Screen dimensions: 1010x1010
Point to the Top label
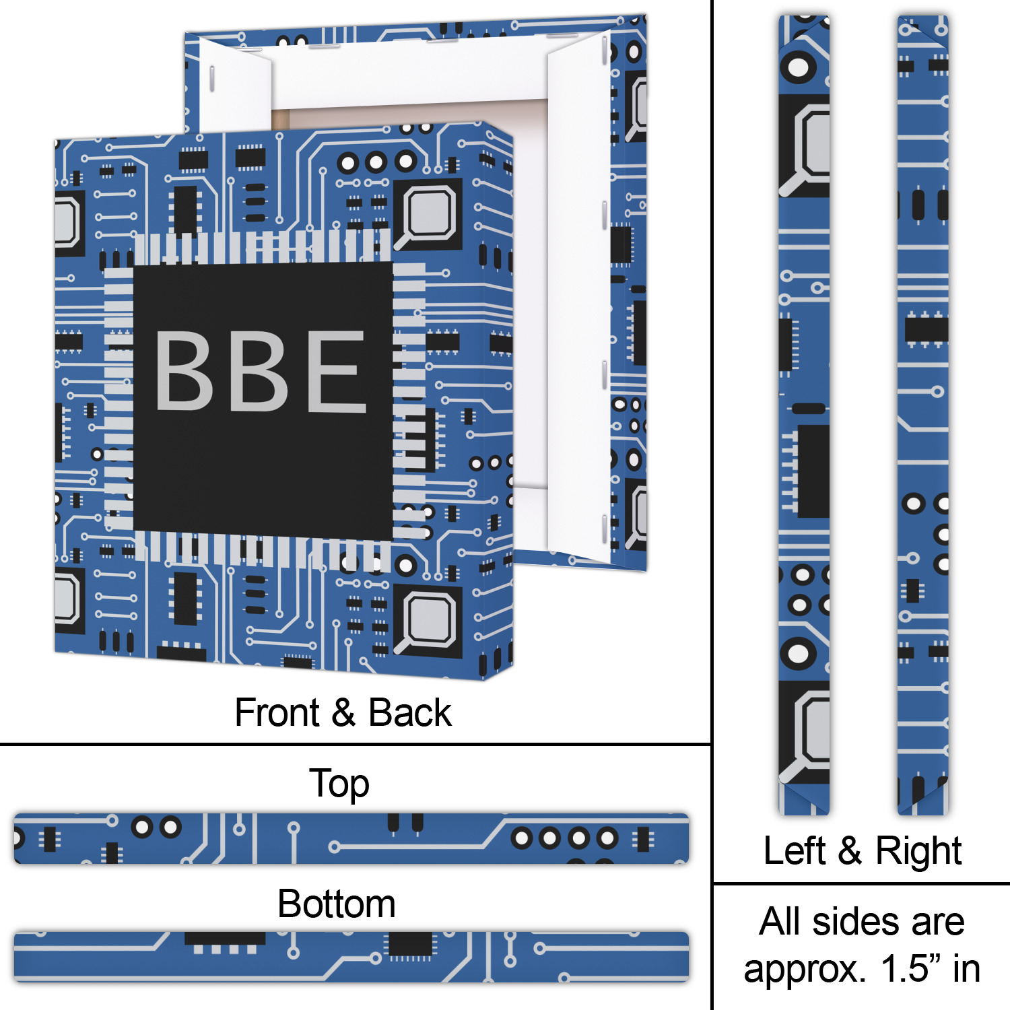coord(339,784)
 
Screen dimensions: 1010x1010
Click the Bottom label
coord(336,904)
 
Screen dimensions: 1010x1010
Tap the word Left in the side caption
coord(794,850)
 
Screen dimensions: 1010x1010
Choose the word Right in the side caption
coord(918,852)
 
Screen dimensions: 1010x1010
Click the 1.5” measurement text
coord(906,969)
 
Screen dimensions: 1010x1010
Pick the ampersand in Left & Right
coord(850,850)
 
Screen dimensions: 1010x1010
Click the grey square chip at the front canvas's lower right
coord(429,620)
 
